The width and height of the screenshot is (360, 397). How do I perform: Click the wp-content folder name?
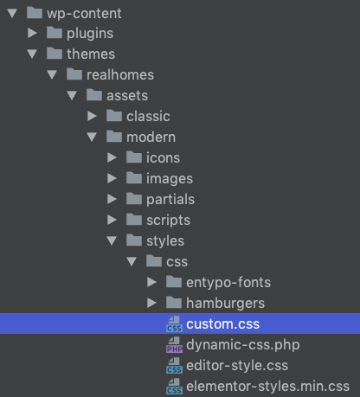click(x=84, y=14)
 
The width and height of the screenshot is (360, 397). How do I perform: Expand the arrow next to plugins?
click(x=32, y=33)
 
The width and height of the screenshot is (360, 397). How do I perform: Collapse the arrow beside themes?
click(x=32, y=54)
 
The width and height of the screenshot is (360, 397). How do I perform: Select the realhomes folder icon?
click(x=74, y=74)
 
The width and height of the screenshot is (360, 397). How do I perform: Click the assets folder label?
click(x=127, y=95)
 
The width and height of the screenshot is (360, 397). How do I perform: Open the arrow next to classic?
click(x=92, y=116)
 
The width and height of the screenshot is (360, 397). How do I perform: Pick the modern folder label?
click(x=151, y=137)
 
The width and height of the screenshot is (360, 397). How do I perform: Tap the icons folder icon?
click(x=134, y=157)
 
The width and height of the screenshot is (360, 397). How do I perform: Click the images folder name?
click(x=170, y=179)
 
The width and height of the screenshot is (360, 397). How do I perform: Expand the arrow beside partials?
click(x=112, y=199)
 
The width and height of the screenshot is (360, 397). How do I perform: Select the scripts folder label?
click(x=168, y=221)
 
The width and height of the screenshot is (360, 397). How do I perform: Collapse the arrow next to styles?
click(x=112, y=240)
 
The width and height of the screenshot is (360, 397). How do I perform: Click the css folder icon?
click(x=154, y=261)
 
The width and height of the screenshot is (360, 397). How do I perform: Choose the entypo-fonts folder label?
click(x=228, y=283)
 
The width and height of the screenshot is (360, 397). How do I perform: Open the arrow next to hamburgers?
click(x=151, y=303)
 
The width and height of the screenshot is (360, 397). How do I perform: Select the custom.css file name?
click(x=222, y=323)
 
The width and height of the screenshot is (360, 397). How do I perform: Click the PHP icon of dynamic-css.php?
click(x=174, y=345)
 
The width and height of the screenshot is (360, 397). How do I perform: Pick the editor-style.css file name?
click(x=237, y=366)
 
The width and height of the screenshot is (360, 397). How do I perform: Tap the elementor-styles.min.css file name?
click(x=267, y=387)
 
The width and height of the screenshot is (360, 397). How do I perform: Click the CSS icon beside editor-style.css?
click(x=174, y=366)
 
